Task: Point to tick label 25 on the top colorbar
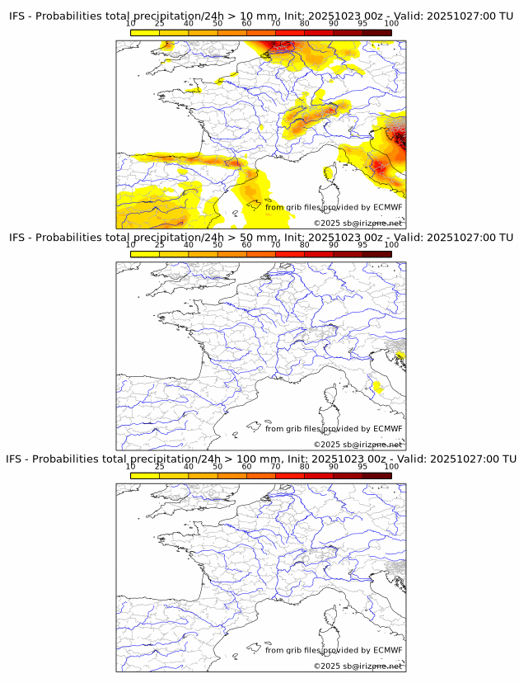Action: point(159,24)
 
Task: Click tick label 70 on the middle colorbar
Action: point(275,245)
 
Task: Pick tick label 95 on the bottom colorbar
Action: point(362,467)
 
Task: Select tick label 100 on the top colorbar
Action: point(390,24)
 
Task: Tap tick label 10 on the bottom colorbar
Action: point(130,467)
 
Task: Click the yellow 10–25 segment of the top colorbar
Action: point(144,32)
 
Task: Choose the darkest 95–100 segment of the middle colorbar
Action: point(376,254)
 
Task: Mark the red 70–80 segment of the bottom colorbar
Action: point(289,475)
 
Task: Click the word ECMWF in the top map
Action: point(387,207)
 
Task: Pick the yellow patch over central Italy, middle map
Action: point(379,386)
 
